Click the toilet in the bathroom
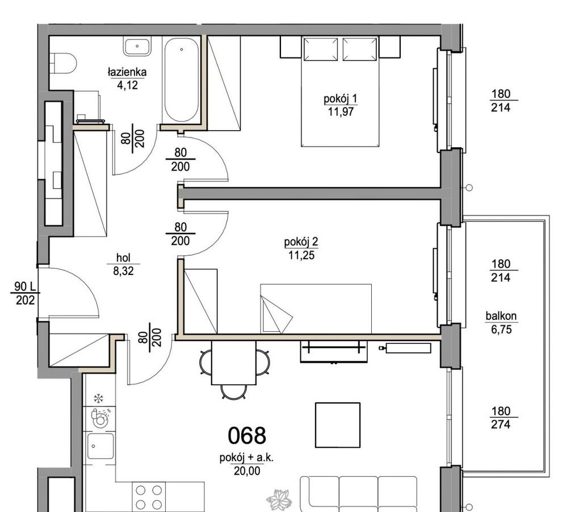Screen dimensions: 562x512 64,64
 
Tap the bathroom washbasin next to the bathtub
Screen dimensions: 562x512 137,46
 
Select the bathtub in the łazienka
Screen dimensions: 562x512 181,80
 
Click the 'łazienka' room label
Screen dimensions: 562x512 127,72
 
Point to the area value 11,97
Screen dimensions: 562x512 341,112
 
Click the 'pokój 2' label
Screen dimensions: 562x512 301,242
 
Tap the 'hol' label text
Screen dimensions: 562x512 123,257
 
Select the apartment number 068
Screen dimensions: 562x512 247,436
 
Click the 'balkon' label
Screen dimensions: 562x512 501,316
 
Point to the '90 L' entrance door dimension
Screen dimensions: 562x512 25,286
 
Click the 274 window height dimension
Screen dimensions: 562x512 500,424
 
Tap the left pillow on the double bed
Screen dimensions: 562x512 320,49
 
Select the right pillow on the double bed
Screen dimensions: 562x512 360,49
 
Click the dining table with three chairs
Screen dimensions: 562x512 234,363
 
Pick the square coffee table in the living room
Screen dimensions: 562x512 338,425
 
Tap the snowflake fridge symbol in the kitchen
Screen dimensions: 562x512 99,398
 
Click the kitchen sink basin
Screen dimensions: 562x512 100,446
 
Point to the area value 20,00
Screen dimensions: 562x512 247,471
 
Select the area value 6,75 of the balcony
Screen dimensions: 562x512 501,330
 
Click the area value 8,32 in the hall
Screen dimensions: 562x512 123,271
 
